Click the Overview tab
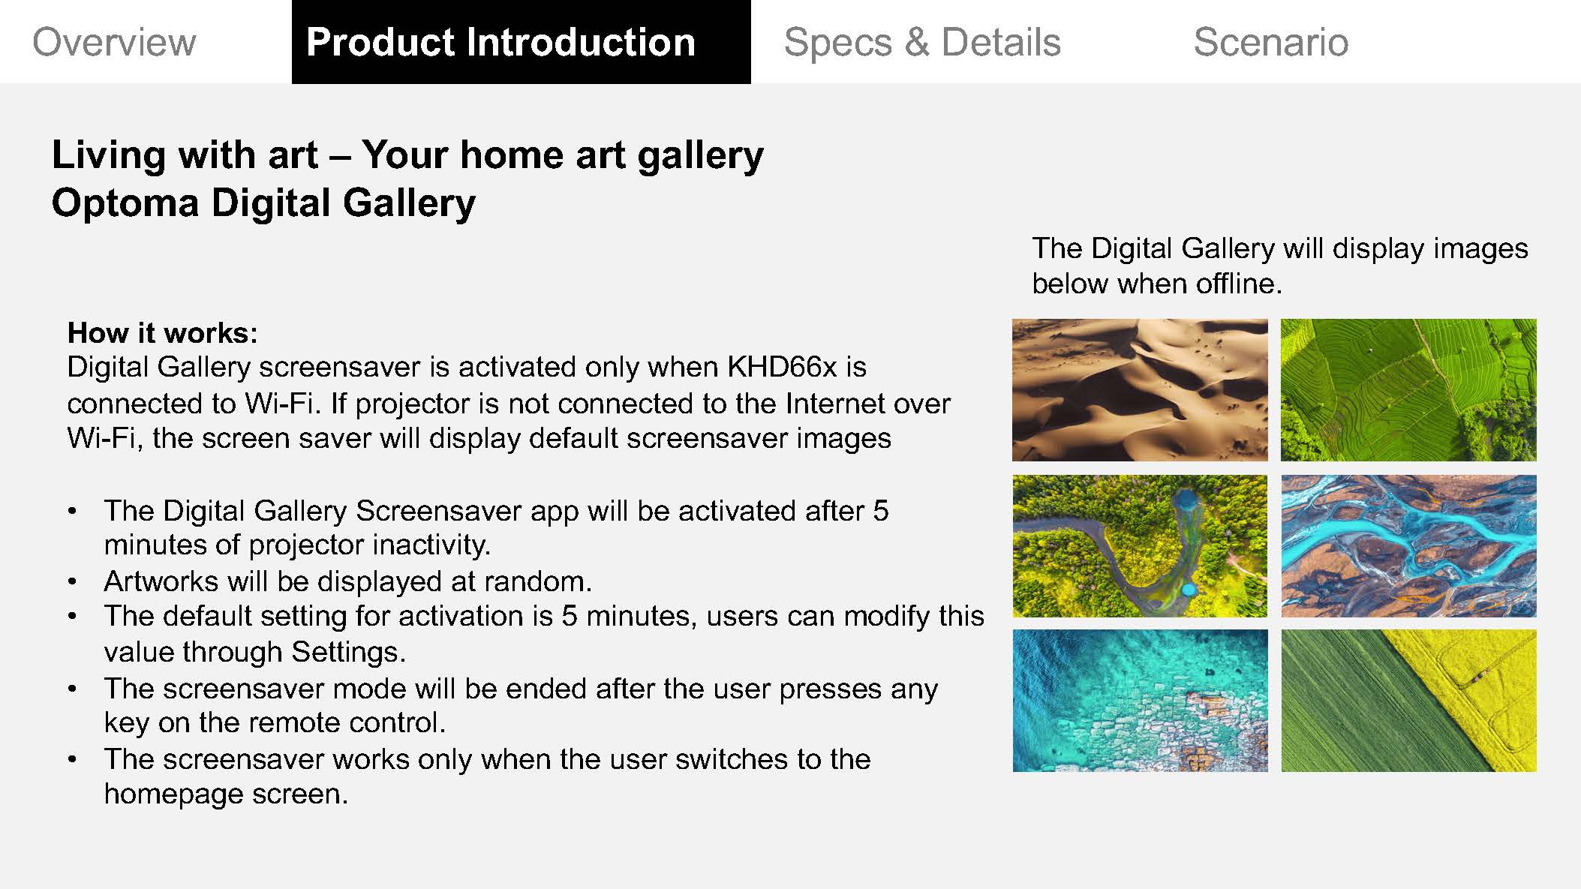(x=114, y=42)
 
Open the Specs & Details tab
(x=922, y=42)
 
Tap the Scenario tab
(x=1270, y=42)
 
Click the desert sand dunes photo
(x=1140, y=389)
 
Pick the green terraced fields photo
(x=1408, y=389)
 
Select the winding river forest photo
(x=1140, y=545)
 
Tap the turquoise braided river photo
(x=1408, y=545)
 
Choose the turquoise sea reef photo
(x=1140, y=701)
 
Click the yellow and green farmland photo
(x=1408, y=701)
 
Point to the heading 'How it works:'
(x=162, y=332)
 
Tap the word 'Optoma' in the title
(x=125, y=203)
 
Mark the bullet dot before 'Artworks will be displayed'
(x=72, y=582)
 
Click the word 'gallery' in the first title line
(x=700, y=156)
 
